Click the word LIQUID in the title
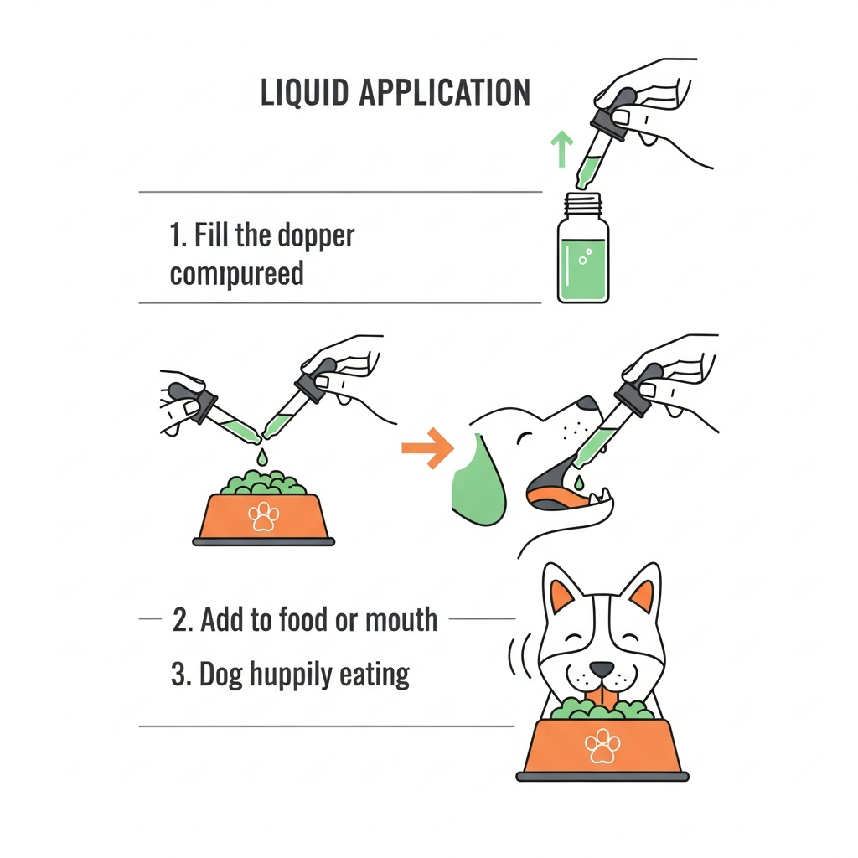click(x=304, y=92)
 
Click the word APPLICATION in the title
click(x=445, y=92)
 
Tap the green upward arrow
click(x=561, y=148)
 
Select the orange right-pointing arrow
click(x=427, y=448)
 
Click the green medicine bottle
click(x=583, y=248)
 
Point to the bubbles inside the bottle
click(x=585, y=256)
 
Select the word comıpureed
click(x=236, y=274)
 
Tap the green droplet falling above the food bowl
click(x=262, y=457)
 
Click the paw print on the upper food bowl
click(x=263, y=516)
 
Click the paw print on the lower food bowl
click(x=602, y=745)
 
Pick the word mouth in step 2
click(x=401, y=620)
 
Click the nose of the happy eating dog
click(x=602, y=669)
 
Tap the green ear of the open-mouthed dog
click(x=477, y=482)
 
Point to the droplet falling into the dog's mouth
click(x=579, y=482)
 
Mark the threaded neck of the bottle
click(x=583, y=204)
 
